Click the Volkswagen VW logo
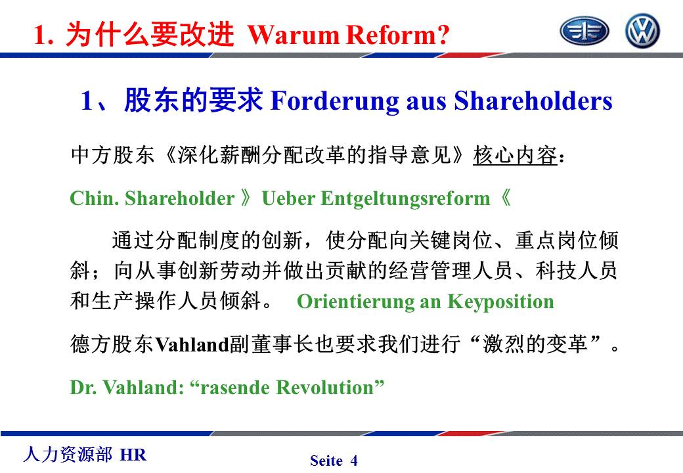pyautogui.click(x=642, y=30)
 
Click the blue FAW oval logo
pyautogui.click(x=584, y=31)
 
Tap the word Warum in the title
pyautogui.click(x=294, y=35)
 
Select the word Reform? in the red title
pyautogui.click(x=397, y=35)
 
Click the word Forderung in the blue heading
pyautogui.click(x=334, y=101)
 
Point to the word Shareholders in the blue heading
pyautogui.click(x=533, y=101)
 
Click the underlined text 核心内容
pyautogui.click(x=516, y=155)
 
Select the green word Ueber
pyautogui.click(x=288, y=198)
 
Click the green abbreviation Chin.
pyautogui.click(x=95, y=198)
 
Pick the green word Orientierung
pyautogui.click(x=355, y=302)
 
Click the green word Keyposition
pyautogui.click(x=501, y=302)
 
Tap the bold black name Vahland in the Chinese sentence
pyautogui.click(x=192, y=345)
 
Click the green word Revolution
pyautogui.click(x=325, y=387)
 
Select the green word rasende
pyautogui.click(x=234, y=387)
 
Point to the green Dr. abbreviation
pyautogui.click(x=83, y=387)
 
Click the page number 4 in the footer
pyautogui.click(x=354, y=461)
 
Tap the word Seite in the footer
pyautogui.click(x=326, y=461)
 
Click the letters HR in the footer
pyautogui.click(x=133, y=455)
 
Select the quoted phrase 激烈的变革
pyautogui.click(x=535, y=344)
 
